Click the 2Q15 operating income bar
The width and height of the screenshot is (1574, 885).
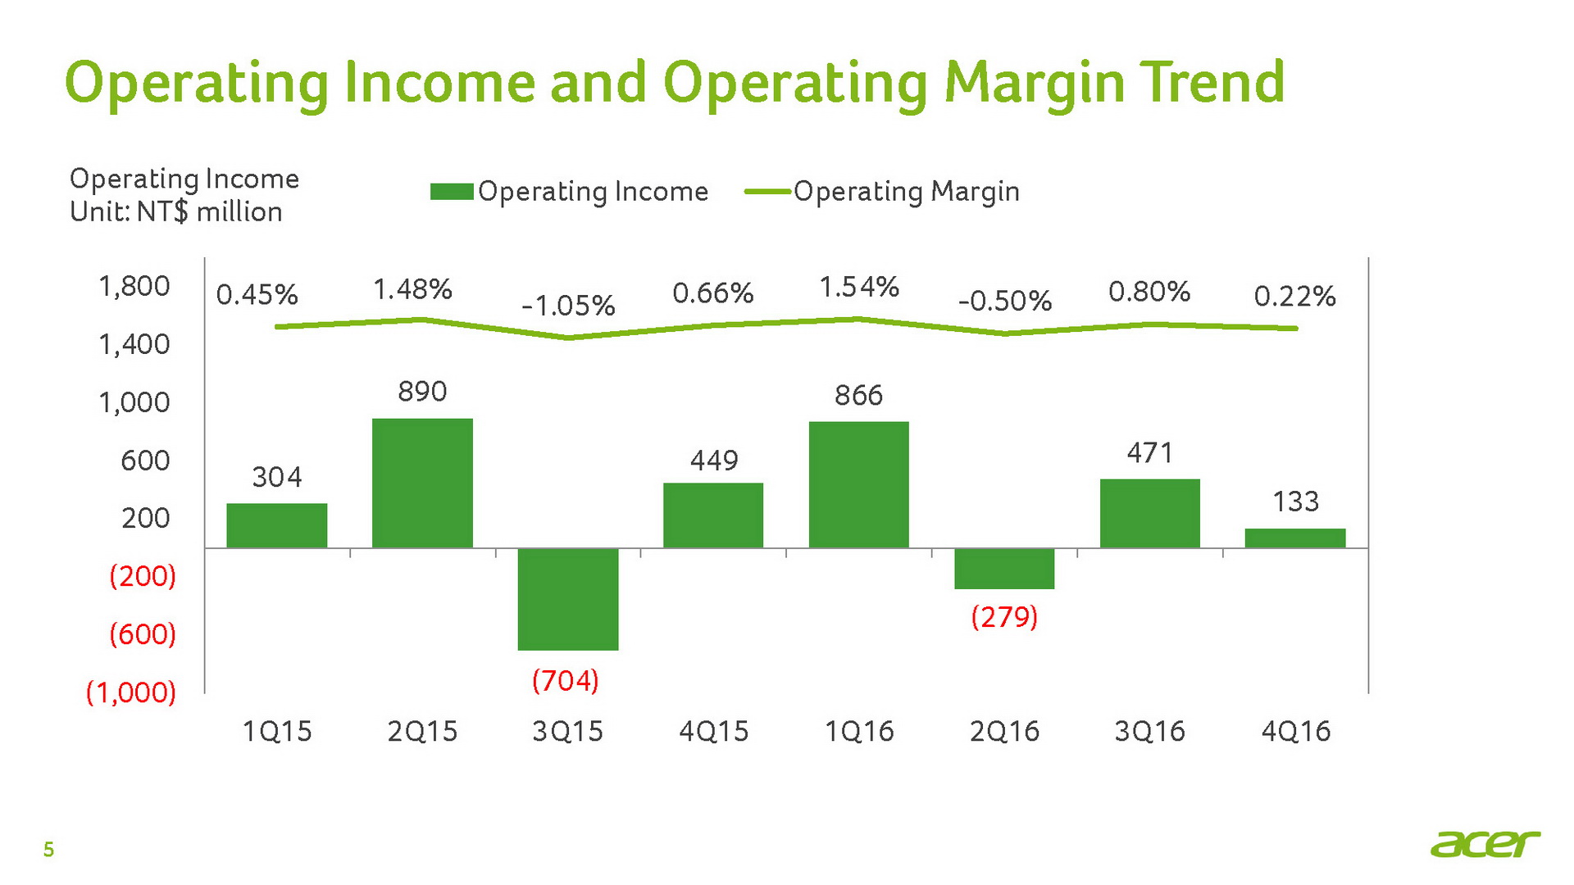click(x=422, y=483)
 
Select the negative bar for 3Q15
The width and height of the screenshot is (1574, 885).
click(x=567, y=599)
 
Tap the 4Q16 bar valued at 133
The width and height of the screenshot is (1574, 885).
click(x=1294, y=538)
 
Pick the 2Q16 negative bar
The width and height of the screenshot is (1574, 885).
click(x=1003, y=569)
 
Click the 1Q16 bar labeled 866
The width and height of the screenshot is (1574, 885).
click(x=858, y=484)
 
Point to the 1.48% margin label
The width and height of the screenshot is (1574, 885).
click(x=412, y=289)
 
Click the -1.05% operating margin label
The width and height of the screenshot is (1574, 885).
click(x=568, y=306)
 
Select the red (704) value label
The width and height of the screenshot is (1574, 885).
click(x=566, y=680)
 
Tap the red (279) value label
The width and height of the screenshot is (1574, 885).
click(x=1004, y=616)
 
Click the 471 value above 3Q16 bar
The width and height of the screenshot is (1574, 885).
click(x=1149, y=452)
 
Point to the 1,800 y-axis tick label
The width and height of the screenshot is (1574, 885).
click(x=134, y=286)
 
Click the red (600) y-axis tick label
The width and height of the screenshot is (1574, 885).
click(x=143, y=633)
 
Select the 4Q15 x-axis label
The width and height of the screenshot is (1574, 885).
click(x=713, y=731)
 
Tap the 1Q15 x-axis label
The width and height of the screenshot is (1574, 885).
click(x=277, y=731)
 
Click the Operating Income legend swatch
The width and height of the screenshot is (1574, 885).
click(x=452, y=192)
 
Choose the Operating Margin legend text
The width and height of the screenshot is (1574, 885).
click(x=906, y=192)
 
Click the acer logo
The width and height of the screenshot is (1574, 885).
click(x=1485, y=844)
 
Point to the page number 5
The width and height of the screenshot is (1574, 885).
click(x=48, y=850)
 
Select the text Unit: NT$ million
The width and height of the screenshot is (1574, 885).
click(x=176, y=212)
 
